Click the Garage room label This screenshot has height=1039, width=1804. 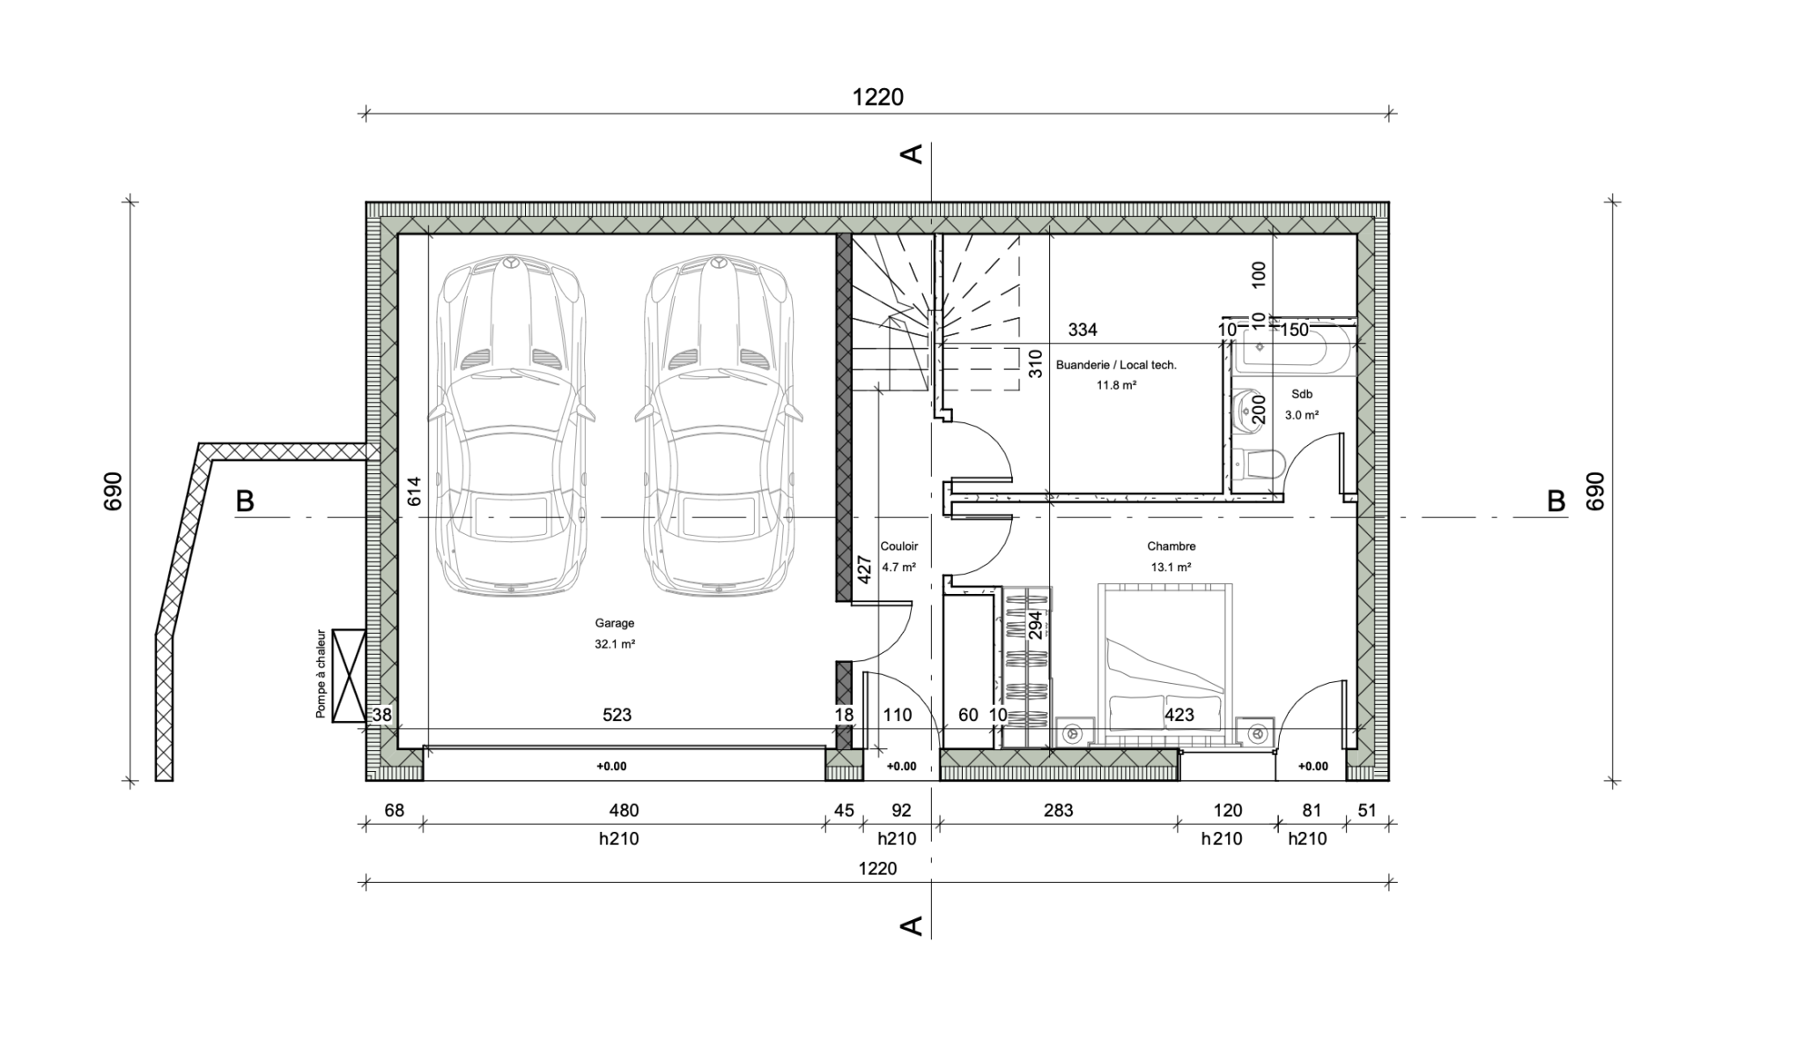[614, 623]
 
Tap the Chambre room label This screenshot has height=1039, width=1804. [1171, 546]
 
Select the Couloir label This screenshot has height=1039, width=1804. [898, 546]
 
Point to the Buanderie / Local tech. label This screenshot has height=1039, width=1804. [1116, 365]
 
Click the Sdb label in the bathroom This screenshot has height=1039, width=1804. [1302, 394]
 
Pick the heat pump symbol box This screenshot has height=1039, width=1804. [350, 676]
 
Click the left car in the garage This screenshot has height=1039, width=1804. [511, 427]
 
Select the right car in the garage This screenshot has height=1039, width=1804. [718, 427]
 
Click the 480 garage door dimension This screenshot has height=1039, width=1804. [624, 810]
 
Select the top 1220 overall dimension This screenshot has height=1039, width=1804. [877, 97]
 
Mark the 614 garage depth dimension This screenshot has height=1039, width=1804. [414, 491]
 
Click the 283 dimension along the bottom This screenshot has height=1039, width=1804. [1058, 810]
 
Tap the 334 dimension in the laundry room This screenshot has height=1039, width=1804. [1083, 330]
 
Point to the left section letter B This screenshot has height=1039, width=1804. [245, 501]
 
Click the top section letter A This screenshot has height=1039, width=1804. [912, 153]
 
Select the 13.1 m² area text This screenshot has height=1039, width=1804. [1171, 568]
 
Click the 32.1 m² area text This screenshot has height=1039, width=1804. [614, 644]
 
